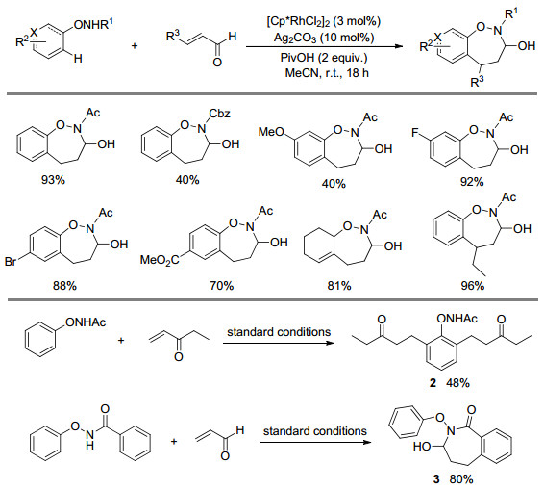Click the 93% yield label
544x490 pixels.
pyautogui.click(x=53, y=180)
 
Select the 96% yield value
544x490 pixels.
pyautogui.click(x=472, y=286)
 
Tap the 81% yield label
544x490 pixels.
pyautogui.click(x=339, y=286)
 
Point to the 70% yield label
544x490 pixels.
pyautogui.click(x=222, y=286)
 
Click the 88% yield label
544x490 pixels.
pyautogui.click(x=64, y=286)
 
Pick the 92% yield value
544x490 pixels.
pyautogui.click(x=472, y=181)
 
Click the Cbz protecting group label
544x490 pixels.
pyautogui.click(x=219, y=114)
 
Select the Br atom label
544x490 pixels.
pyautogui.click(x=11, y=261)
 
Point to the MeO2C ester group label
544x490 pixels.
pyautogui.click(x=160, y=260)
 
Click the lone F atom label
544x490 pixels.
pyautogui.click(x=415, y=133)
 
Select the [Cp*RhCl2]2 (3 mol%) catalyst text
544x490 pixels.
pyautogui.click(x=323, y=21)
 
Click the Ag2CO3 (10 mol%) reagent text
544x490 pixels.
pyautogui.click(x=324, y=38)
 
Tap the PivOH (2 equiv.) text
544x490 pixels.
pyautogui.click(x=324, y=58)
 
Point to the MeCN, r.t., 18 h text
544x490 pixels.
pyautogui.click(x=327, y=73)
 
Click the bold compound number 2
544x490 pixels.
pyautogui.click(x=433, y=383)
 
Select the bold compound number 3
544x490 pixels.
pyautogui.click(x=436, y=479)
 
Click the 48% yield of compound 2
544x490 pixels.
pyautogui.click(x=457, y=383)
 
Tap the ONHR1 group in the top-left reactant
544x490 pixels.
pyautogui.click(x=93, y=25)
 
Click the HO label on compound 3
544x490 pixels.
pyautogui.click(x=422, y=446)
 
